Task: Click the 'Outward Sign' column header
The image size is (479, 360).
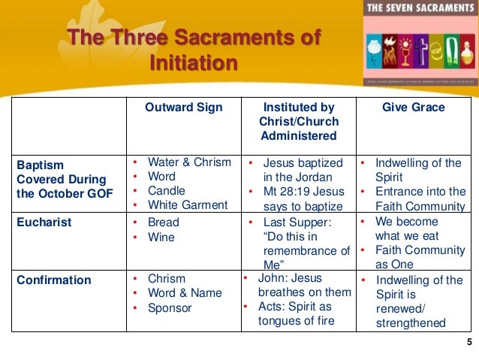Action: pyautogui.click(x=183, y=107)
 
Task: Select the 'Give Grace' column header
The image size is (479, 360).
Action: pyautogui.click(x=413, y=107)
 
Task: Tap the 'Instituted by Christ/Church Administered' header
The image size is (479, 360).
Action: pyautogui.click(x=299, y=121)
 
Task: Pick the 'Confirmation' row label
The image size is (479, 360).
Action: pyautogui.click(x=53, y=280)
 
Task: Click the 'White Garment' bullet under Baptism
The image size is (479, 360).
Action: pyautogui.click(x=187, y=204)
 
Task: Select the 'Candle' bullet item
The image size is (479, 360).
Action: pyautogui.click(x=166, y=190)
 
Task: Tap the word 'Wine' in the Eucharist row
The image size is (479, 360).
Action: pyautogui.click(x=161, y=237)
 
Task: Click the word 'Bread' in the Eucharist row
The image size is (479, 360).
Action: pyautogui.click(x=163, y=222)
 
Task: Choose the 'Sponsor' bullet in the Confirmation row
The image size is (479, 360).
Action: pyautogui.click(x=170, y=308)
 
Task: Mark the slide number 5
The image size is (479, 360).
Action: pyautogui.click(x=468, y=343)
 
